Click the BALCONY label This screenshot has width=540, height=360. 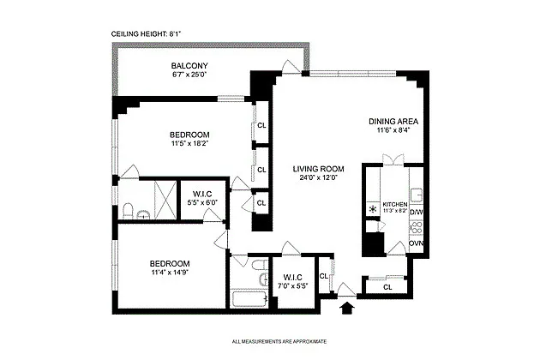(189, 65)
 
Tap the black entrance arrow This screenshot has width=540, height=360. (347, 308)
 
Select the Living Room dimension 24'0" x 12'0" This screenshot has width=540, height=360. (318, 177)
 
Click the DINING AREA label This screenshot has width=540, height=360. (393, 121)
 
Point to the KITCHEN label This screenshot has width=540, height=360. (395, 204)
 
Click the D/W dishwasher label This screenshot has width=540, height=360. (417, 213)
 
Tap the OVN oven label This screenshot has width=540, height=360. (417, 243)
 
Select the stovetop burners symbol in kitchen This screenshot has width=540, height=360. (417, 228)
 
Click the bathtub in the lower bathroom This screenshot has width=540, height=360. (249, 298)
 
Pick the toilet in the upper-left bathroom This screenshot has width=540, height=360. (128, 211)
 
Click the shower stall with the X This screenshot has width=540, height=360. (165, 200)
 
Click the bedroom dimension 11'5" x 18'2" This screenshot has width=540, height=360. (189, 143)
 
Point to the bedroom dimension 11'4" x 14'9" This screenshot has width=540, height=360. (170, 273)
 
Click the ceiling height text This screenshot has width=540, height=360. (146, 33)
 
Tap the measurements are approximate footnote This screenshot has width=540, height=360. (279, 342)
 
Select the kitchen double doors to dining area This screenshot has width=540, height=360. (393, 160)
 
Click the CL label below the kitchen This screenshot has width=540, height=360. (387, 287)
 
